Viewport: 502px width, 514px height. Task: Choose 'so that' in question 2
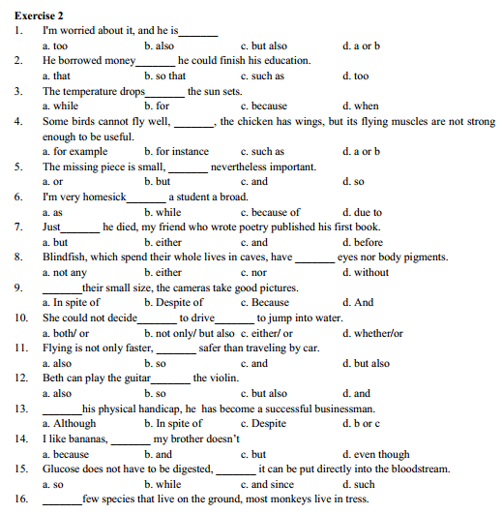pyautogui.click(x=169, y=76)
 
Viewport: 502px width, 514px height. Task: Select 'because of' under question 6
pyautogui.click(x=275, y=212)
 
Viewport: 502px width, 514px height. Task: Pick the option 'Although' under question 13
pyautogui.click(x=74, y=423)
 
